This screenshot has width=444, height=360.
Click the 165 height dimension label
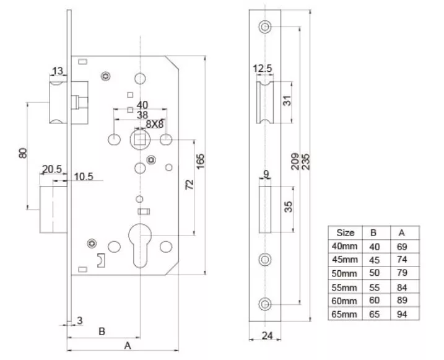click(x=200, y=159)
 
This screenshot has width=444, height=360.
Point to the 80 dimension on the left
click(x=23, y=152)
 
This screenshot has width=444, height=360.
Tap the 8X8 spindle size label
click(x=153, y=124)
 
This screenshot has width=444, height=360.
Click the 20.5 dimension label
click(x=51, y=169)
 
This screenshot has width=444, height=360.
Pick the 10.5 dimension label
click(x=84, y=177)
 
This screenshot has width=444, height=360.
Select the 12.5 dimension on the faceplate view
click(x=263, y=68)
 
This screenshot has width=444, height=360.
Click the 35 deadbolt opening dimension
click(x=289, y=206)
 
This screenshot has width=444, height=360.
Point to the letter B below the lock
click(x=102, y=331)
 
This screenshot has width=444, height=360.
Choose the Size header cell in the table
click(x=345, y=233)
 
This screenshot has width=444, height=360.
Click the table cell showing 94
click(x=401, y=314)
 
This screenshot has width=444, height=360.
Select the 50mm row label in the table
click(x=345, y=273)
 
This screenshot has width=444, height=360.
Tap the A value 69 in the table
click(x=401, y=247)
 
